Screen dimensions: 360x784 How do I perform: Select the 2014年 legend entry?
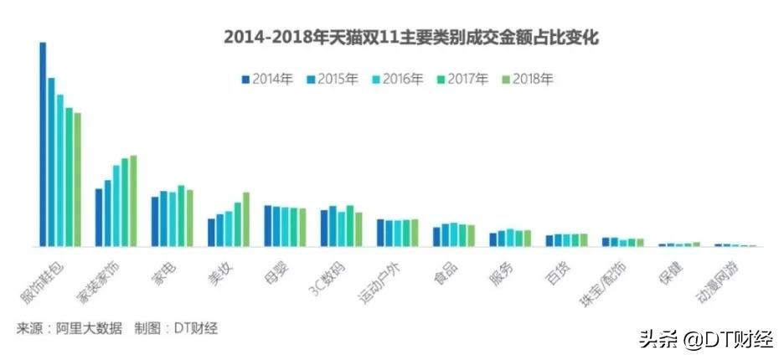(x=267, y=80)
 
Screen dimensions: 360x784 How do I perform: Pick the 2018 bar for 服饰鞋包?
(x=78, y=180)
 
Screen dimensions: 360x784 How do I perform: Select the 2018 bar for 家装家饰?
(x=133, y=202)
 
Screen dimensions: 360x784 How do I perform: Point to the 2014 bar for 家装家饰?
(x=99, y=218)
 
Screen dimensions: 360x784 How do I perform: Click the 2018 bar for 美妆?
(x=246, y=220)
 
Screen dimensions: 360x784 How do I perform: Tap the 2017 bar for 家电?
(x=181, y=216)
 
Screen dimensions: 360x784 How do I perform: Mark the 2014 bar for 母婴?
(x=267, y=226)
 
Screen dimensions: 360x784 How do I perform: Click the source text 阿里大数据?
(x=90, y=328)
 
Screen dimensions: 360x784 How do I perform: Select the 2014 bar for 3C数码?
(x=324, y=229)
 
